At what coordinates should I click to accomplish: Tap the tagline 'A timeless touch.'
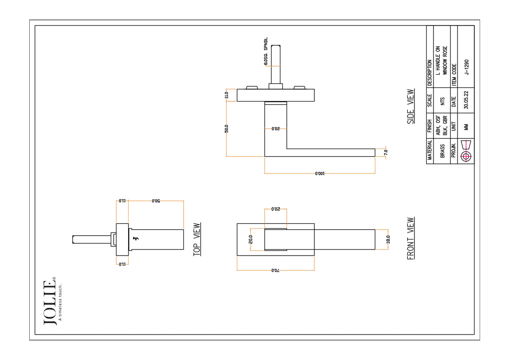(x=60, y=302)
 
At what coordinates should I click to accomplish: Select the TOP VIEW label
(x=197, y=239)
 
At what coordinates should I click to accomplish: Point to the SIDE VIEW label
(x=411, y=107)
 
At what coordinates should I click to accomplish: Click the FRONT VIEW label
(x=411, y=238)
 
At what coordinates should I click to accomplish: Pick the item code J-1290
(x=466, y=67)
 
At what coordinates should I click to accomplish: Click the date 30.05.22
(x=466, y=100)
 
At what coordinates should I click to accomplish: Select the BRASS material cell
(x=442, y=151)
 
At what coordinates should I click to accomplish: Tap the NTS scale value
(x=442, y=101)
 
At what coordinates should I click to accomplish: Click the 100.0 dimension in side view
(x=320, y=174)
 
